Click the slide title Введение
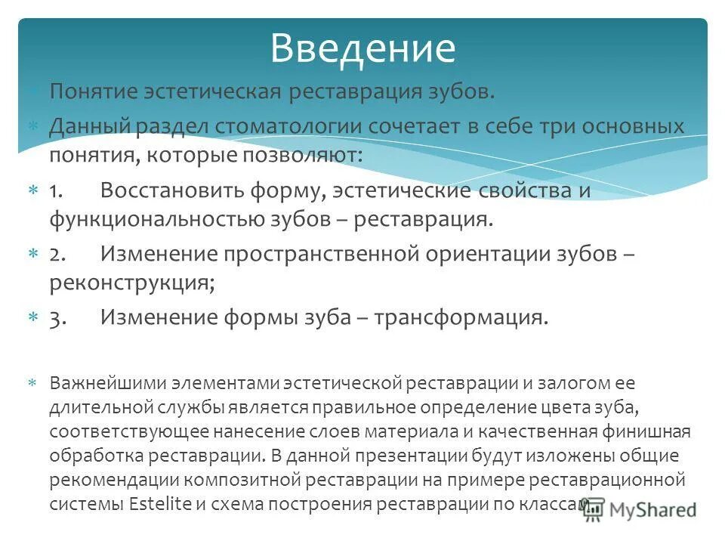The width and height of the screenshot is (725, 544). click(x=362, y=48)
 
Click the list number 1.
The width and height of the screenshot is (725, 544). click(x=57, y=190)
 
